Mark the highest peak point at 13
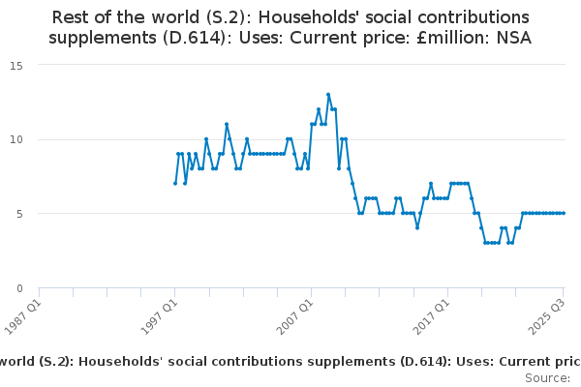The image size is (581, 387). (328, 95)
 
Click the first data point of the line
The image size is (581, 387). (175, 184)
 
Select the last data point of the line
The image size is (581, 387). (564, 213)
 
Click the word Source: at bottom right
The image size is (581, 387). (545, 377)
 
